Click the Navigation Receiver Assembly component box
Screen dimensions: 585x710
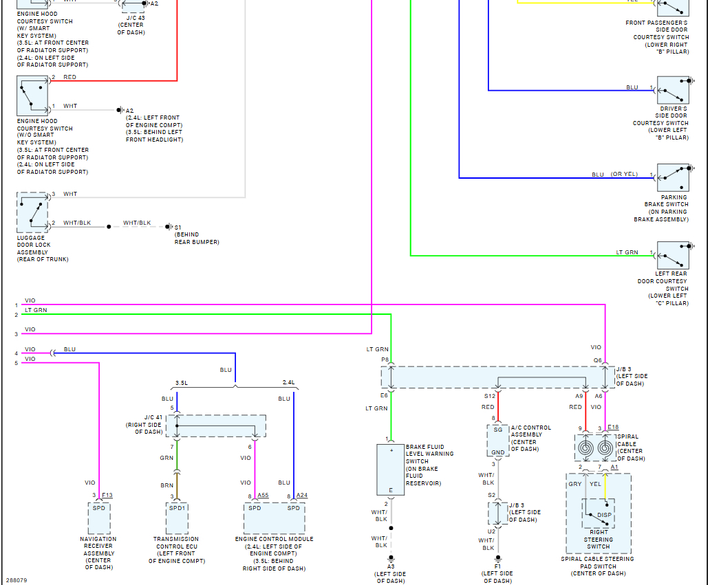[100, 518]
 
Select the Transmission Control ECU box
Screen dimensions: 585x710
[177, 518]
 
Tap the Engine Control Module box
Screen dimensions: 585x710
[274, 518]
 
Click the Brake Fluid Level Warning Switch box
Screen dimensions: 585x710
[391, 470]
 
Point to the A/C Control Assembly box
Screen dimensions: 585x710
[497, 439]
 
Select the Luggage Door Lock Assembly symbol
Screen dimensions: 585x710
[32, 212]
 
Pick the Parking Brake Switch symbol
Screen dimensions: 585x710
[673, 178]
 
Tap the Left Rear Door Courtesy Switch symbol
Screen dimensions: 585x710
[673, 255]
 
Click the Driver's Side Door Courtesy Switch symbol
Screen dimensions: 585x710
[673, 90]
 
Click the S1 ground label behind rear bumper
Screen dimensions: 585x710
[177, 227]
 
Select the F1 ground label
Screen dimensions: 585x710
[497, 566]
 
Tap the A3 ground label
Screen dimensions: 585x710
[391, 566]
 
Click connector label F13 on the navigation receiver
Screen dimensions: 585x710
[107, 496]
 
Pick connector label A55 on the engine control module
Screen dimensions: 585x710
[263, 496]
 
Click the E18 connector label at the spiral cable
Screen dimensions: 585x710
[613, 427]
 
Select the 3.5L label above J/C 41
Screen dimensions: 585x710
[182, 382]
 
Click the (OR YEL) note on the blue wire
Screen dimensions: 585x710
[624, 175]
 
